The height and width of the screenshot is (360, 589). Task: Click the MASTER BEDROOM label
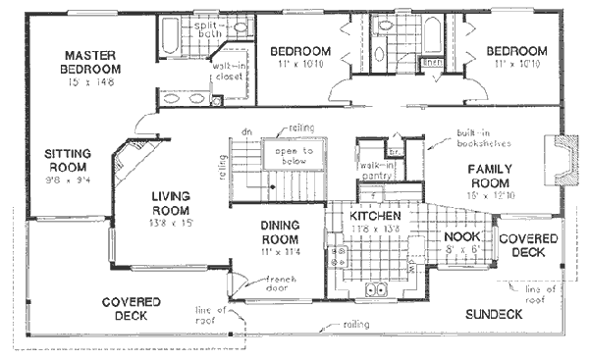tap(92, 62)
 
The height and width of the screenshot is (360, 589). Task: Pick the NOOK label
tap(460, 236)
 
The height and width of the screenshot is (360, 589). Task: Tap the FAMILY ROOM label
tap(488, 177)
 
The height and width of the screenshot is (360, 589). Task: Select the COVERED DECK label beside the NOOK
tap(529, 245)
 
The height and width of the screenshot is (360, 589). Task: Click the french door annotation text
tap(253, 283)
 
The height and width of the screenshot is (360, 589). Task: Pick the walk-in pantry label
tap(372, 173)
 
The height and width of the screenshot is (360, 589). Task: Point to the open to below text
tap(293, 156)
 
